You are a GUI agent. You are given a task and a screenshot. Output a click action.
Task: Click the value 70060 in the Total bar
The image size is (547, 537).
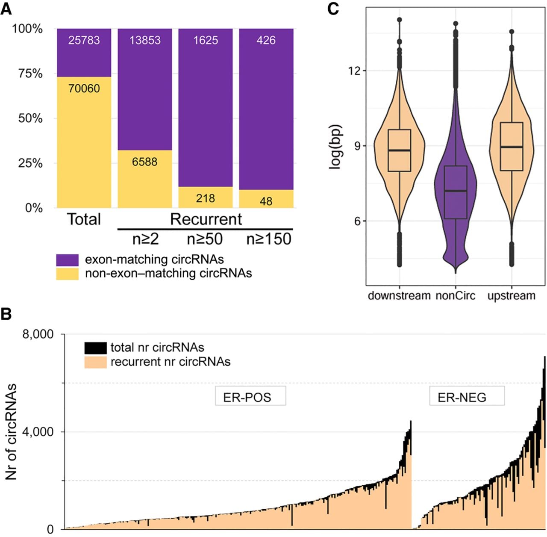click(84, 89)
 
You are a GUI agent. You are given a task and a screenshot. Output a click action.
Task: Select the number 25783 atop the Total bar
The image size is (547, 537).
click(84, 40)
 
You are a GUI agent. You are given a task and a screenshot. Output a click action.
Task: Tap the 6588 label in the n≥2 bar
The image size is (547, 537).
click(144, 162)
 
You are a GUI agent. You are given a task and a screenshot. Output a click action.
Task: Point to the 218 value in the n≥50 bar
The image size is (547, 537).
click(205, 198)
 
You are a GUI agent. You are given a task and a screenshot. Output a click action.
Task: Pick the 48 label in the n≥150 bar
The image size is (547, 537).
click(266, 201)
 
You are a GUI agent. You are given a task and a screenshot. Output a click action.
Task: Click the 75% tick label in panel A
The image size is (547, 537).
click(30, 74)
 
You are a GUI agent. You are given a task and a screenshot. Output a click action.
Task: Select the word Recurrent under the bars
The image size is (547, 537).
click(206, 219)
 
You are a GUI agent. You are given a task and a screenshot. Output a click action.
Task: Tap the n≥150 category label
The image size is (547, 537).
click(268, 239)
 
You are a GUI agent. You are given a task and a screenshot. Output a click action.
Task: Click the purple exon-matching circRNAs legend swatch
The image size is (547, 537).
click(67, 260)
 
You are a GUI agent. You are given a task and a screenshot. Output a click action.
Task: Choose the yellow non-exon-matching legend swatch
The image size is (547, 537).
click(67, 274)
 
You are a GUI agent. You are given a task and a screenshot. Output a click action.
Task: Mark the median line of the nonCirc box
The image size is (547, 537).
click(456, 191)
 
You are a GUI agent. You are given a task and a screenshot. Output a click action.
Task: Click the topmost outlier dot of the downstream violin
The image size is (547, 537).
click(400, 20)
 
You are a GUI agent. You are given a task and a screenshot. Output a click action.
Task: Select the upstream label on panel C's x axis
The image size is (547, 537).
click(512, 296)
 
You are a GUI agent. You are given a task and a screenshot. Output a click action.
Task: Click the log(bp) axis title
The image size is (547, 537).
click(336, 147)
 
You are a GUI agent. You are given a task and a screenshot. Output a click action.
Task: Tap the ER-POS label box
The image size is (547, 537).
click(250, 395)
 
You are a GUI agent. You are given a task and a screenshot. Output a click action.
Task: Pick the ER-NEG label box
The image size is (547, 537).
click(467, 395)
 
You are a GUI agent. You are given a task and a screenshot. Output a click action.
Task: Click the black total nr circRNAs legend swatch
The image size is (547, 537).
click(95, 348)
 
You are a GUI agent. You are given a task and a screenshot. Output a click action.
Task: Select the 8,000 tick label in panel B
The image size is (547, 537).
click(38, 334)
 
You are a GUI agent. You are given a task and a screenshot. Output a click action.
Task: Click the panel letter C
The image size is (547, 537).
click(333, 9)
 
